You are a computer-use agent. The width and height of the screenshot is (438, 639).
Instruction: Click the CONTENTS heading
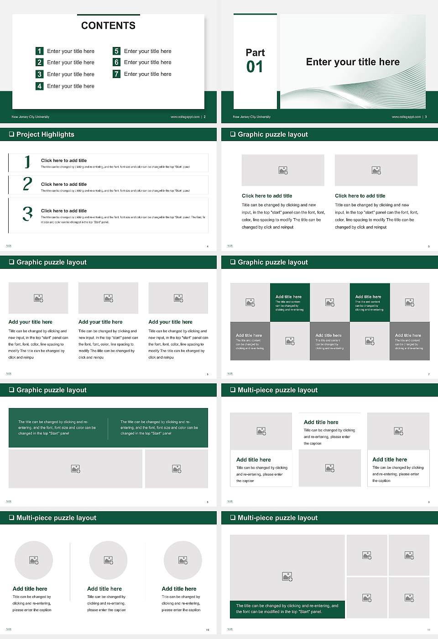click(x=108, y=26)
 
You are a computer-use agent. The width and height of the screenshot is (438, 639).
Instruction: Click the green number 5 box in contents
click(x=116, y=51)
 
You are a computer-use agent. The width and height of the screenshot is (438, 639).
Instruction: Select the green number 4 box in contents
click(x=40, y=86)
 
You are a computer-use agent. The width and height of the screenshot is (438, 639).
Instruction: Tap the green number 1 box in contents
click(x=40, y=51)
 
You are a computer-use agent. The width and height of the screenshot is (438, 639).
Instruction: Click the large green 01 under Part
click(x=255, y=67)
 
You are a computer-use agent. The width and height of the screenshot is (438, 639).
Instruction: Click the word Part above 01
click(x=255, y=52)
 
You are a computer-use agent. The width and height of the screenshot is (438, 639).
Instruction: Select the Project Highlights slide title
click(x=45, y=134)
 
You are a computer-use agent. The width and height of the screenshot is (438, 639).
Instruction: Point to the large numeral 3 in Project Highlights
click(x=27, y=214)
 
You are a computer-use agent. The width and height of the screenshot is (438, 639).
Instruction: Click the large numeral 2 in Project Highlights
click(x=27, y=184)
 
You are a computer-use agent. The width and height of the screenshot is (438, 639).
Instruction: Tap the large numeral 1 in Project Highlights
click(x=27, y=162)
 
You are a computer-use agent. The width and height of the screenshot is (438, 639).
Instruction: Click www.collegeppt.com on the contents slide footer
click(x=185, y=117)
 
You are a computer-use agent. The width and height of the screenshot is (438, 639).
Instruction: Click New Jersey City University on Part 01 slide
click(x=251, y=117)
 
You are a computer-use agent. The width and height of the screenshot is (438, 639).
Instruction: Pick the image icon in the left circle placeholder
click(x=34, y=560)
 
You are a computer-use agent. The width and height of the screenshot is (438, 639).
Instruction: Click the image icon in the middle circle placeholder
click(x=108, y=560)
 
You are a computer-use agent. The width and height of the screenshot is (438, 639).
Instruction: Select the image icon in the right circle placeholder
click(x=183, y=560)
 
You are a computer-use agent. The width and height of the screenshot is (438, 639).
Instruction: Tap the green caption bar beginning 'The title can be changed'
click(x=287, y=609)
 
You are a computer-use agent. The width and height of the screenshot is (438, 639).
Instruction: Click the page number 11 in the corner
click(x=428, y=630)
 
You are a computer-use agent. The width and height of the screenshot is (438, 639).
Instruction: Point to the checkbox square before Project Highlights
click(x=11, y=134)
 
